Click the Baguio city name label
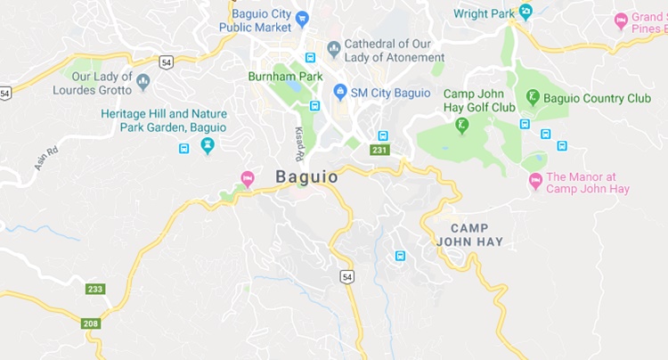307,177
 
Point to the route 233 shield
94,289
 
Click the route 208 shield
90,323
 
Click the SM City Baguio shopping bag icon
339,92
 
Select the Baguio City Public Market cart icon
302,18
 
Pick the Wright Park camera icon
525,12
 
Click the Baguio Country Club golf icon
532,97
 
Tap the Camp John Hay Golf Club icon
461,125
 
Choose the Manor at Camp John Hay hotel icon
535,181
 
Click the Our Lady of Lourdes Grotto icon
143,82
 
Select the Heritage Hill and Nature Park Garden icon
208,144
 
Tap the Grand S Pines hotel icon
621,20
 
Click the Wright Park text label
484,13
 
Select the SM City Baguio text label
391,93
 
